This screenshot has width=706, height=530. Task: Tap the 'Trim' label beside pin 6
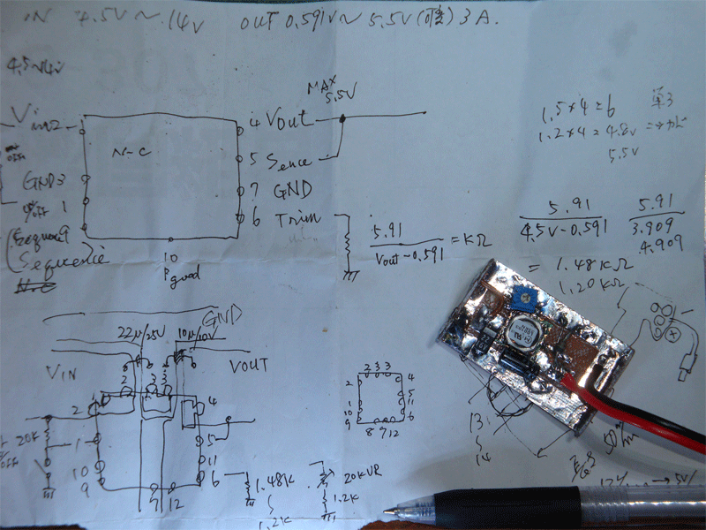[x=292, y=217]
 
